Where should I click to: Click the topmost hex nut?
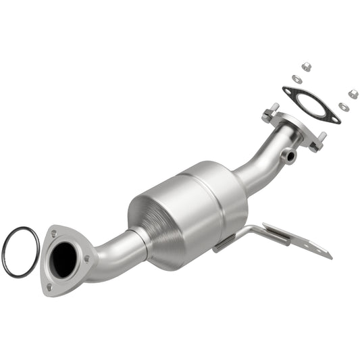tap(305, 66)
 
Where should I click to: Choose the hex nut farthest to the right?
tap(352, 93)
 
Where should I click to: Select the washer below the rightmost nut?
tap(343, 107)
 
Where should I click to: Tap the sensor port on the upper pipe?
tap(290, 156)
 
